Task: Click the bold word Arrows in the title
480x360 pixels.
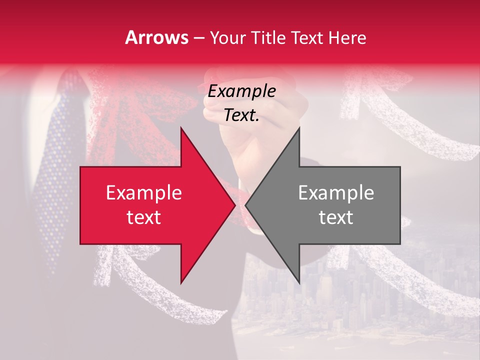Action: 157,38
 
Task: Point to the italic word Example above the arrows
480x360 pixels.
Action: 241,91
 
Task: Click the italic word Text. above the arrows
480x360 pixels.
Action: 241,115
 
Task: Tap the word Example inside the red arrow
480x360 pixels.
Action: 143,193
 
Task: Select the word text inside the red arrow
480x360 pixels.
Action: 143,217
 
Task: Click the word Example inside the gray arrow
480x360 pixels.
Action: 336,193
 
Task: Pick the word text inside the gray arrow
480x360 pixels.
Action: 336,217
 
